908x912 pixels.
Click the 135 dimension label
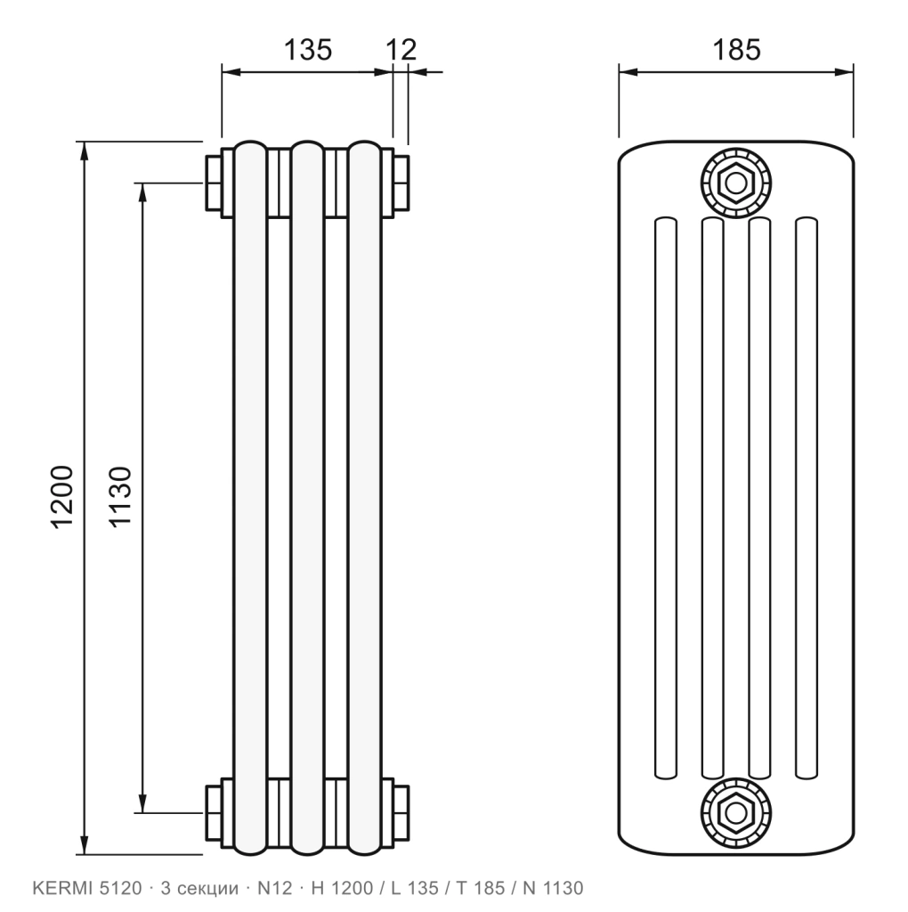click(307, 50)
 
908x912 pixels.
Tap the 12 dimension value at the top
click(401, 50)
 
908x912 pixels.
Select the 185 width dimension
click(736, 50)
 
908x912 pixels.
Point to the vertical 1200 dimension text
click(63, 497)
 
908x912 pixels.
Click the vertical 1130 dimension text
click(121, 497)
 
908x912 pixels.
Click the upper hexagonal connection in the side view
click(736, 183)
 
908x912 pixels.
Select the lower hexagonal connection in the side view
click(736, 812)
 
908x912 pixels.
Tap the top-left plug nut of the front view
click(214, 183)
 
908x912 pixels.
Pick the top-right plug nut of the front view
click(401, 183)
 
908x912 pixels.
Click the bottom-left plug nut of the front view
click(214, 813)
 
